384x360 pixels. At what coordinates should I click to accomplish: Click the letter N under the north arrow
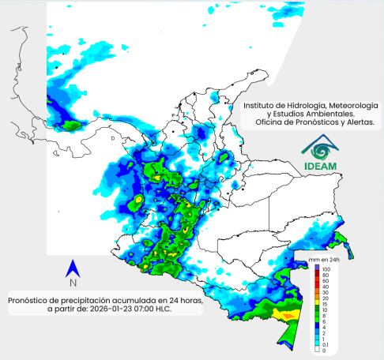click(x=72, y=283)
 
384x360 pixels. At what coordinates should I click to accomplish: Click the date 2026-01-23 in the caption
click(x=121, y=309)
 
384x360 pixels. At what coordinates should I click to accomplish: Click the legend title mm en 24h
click(x=326, y=260)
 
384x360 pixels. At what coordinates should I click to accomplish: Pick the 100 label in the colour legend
click(x=326, y=269)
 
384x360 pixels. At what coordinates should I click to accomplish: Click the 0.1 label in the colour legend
click(x=326, y=344)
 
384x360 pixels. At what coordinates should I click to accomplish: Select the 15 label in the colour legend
click(x=326, y=303)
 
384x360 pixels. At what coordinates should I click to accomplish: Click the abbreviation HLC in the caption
click(x=179, y=309)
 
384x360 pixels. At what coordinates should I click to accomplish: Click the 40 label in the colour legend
click(x=326, y=286)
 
